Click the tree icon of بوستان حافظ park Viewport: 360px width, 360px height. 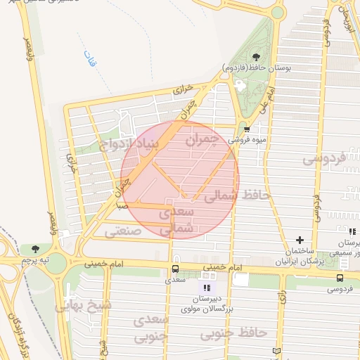[255, 57]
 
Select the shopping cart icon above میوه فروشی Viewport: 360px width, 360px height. [247, 129]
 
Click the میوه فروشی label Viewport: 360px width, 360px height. [245, 139]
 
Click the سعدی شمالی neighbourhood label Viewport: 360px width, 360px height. [176, 219]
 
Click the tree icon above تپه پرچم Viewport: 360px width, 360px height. [35, 248]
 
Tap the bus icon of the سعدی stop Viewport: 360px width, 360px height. [174, 269]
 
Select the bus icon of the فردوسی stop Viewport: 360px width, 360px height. [340, 277]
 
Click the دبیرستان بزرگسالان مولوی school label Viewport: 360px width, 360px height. [202, 304]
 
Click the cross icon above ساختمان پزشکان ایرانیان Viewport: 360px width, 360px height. [300, 240]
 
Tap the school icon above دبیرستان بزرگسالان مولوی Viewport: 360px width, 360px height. [206, 288]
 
